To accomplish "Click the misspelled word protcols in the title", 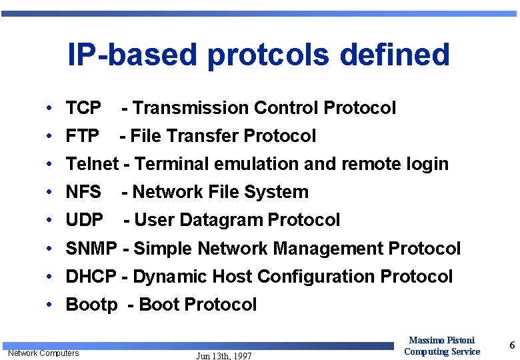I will tap(281, 55).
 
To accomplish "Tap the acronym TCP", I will tap(83, 108).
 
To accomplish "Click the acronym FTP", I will tap(83, 136).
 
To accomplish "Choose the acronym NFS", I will tap(83, 192).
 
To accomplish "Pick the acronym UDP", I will tap(85, 220).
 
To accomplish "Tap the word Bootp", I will tap(91, 305).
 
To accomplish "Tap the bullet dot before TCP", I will tap(51, 108).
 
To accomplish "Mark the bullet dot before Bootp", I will tap(51, 305).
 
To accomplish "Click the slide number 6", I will tap(511, 345).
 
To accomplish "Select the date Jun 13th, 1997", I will tap(224, 356).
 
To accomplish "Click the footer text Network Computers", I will tap(43, 353).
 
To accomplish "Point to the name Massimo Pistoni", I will tap(441, 341).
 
